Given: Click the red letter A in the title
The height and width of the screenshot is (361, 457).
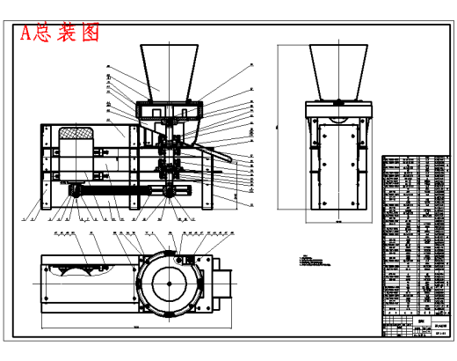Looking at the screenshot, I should click(x=26, y=33).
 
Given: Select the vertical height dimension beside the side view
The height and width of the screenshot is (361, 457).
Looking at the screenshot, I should click(x=279, y=132).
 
